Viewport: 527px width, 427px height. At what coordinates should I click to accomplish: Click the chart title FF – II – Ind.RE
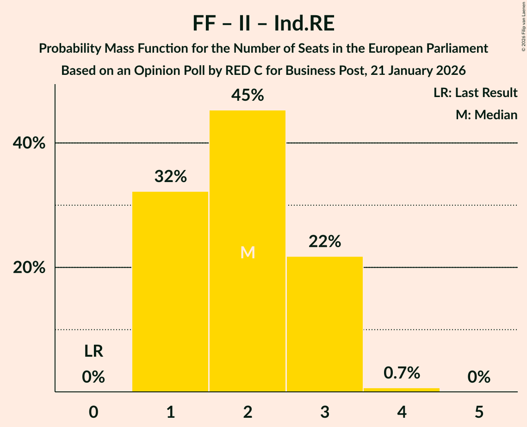[263, 24]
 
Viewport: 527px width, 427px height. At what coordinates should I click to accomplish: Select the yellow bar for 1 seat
[170, 291]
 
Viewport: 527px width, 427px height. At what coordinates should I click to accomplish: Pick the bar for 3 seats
[325, 323]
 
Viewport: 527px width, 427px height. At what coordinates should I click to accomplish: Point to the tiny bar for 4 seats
[402, 390]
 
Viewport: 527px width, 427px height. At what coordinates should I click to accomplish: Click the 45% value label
[248, 96]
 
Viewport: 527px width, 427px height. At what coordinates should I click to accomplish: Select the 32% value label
[170, 177]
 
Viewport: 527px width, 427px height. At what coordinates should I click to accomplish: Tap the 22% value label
[325, 241]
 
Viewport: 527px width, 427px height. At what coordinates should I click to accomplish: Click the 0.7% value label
[402, 372]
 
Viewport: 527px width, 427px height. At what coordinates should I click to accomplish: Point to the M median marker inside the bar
[248, 252]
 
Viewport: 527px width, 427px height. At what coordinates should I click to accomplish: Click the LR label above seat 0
[93, 352]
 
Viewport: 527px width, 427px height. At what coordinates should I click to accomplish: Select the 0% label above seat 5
[479, 377]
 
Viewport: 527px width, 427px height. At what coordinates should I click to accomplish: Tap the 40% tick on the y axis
[29, 143]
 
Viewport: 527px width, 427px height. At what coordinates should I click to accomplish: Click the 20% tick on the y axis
[29, 268]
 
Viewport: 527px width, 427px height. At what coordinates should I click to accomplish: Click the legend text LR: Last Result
[475, 93]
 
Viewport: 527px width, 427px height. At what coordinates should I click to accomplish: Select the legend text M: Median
[486, 115]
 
